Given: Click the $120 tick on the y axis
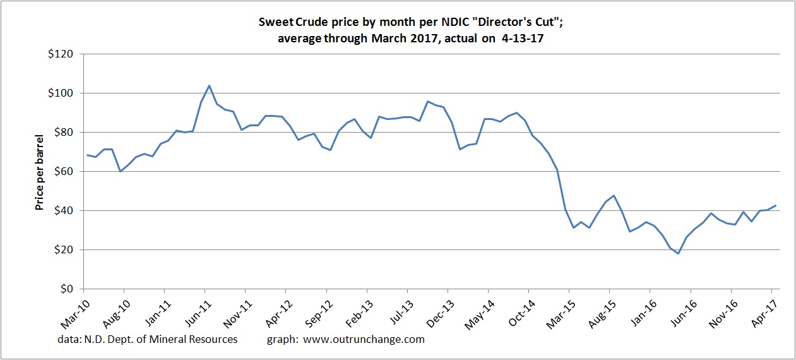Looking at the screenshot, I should tap(64, 54).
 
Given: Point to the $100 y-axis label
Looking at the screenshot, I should tap(64, 93).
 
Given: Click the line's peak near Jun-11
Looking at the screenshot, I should tap(209, 85).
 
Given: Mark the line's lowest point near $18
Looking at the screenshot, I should tap(678, 253).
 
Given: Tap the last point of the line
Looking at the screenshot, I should tap(775, 205).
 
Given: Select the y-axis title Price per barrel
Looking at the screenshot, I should tap(39, 172).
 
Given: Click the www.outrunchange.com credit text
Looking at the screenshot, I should tap(364, 339).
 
